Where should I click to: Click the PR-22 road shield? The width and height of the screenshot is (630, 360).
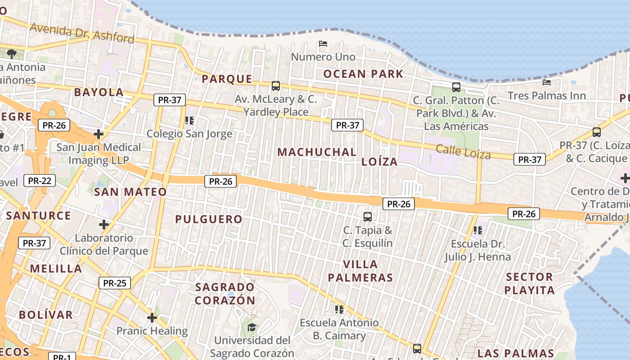tap(40, 181)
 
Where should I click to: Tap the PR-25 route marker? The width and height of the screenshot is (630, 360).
tap(114, 283)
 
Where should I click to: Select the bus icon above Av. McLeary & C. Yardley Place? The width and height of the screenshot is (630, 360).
tap(276, 85)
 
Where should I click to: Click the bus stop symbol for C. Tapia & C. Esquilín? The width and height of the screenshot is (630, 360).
tap(368, 217)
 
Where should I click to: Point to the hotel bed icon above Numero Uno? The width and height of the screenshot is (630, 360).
tap(323, 44)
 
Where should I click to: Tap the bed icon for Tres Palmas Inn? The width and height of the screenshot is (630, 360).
tap(547, 82)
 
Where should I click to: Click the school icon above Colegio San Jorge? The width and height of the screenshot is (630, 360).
tap(189, 121)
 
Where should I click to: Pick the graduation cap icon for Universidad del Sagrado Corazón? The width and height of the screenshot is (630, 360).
tap(252, 327)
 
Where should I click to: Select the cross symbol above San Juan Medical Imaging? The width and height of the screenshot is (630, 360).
tap(99, 134)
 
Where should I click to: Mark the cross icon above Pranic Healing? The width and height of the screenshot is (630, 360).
tap(152, 318)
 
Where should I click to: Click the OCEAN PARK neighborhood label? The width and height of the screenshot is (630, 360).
tap(363, 74)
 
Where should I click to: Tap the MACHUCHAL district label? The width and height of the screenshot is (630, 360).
tap(317, 152)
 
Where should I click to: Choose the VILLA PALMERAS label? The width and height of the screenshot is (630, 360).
tap(360, 271)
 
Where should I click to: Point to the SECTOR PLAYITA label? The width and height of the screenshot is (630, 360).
tap(529, 283)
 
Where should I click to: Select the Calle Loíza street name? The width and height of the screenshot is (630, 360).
tap(463, 152)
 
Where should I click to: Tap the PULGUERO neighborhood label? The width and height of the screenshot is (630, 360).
tap(209, 219)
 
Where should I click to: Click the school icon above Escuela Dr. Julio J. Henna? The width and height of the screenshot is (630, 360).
tap(478, 230)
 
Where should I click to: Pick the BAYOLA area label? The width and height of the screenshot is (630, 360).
tap(99, 92)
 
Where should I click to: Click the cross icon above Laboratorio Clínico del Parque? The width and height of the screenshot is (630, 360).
tap(104, 224)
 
